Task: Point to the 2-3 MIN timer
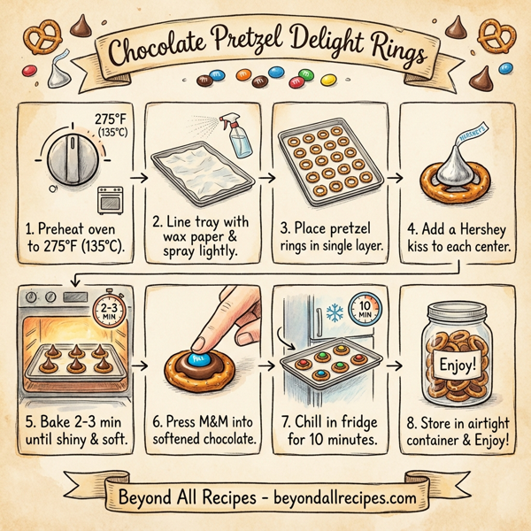107,310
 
